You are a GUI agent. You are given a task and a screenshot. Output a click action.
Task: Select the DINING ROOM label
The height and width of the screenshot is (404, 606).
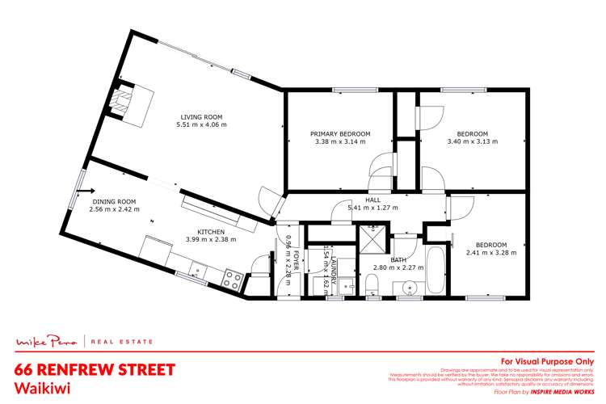(112, 201)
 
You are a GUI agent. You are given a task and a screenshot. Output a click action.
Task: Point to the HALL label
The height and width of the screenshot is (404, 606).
(372, 199)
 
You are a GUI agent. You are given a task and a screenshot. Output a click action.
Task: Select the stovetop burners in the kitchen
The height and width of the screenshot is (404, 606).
(233, 280)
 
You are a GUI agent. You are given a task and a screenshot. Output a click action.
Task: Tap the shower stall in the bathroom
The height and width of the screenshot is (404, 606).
(374, 239)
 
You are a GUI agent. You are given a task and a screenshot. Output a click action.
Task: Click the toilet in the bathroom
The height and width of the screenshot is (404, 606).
(372, 284)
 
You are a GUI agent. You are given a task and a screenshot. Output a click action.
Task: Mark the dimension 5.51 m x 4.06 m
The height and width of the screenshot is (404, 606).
(202, 125)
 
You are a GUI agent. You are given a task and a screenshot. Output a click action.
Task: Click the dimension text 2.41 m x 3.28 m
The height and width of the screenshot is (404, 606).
(490, 252)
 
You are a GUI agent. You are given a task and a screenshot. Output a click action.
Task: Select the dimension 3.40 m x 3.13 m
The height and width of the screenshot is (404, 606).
(473, 141)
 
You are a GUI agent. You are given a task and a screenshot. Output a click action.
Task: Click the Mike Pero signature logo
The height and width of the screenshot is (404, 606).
(46, 343)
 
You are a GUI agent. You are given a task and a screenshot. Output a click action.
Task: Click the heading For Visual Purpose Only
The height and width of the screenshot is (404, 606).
(548, 361)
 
